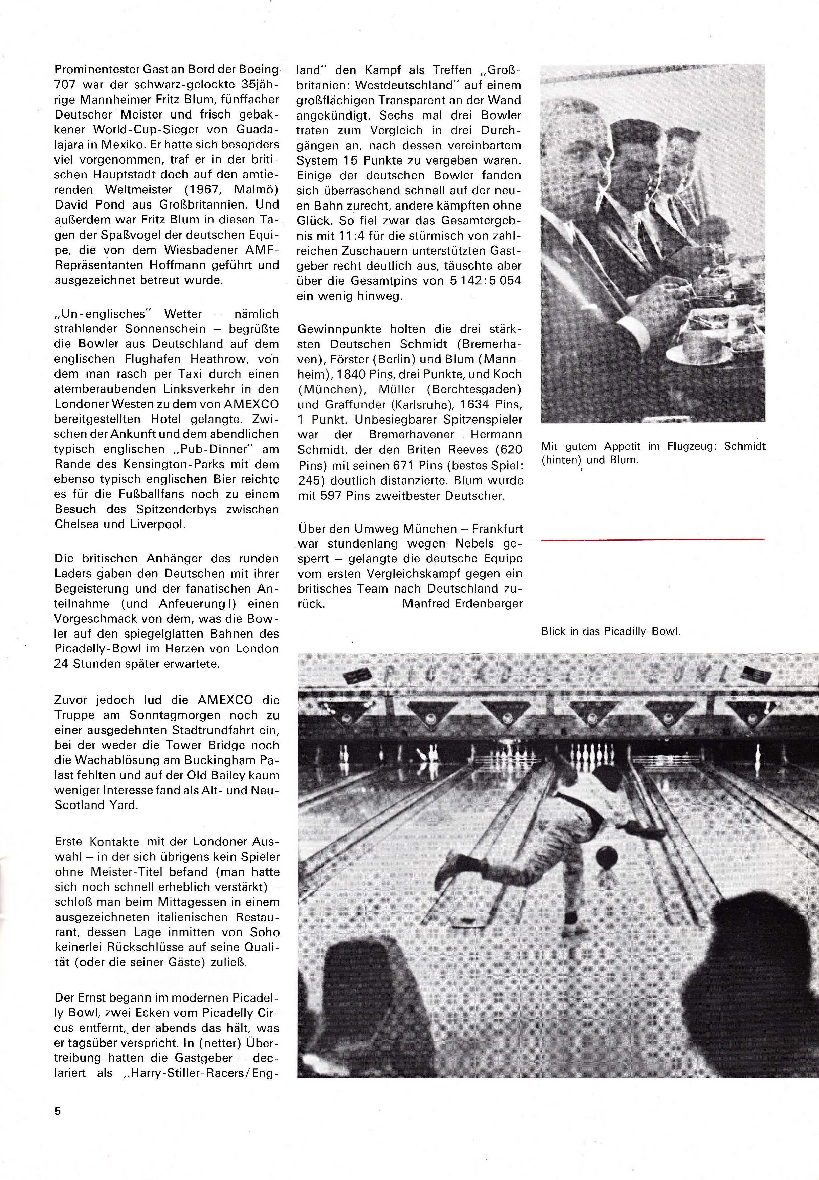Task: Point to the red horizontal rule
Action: (652, 539)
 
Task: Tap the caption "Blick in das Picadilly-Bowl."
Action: (611, 631)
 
